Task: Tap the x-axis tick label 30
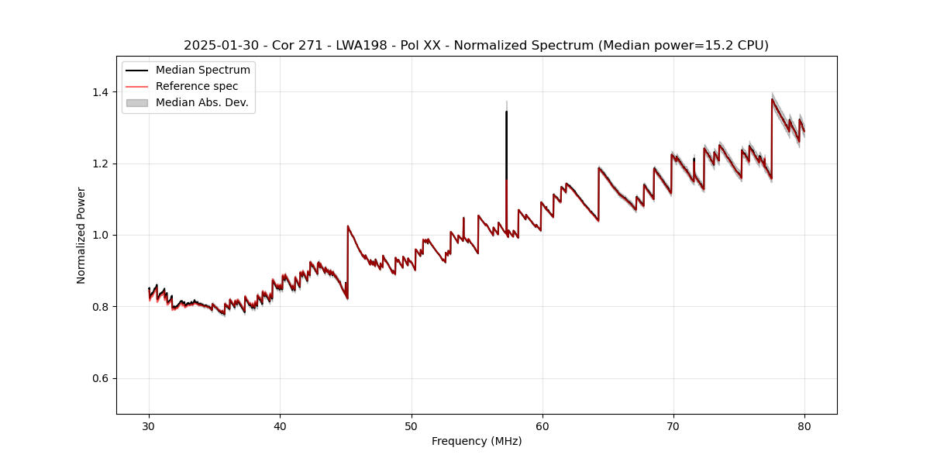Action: click(x=149, y=425)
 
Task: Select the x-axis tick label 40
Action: click(x=280, y=425)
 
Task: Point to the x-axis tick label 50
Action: click(x=411, y=425)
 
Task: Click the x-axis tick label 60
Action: click(x=542, y=425)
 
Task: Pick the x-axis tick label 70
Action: click(x=673, y=425)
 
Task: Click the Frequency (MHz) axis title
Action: click(x=477, y=441)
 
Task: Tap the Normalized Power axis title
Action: click(x=81, y=235)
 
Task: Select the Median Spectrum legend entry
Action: click(x=202, y=71)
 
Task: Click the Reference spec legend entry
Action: click(x=197, y=86)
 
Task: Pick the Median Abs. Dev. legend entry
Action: click(x=201, y=102)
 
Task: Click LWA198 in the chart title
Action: click(x=360, y=46)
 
